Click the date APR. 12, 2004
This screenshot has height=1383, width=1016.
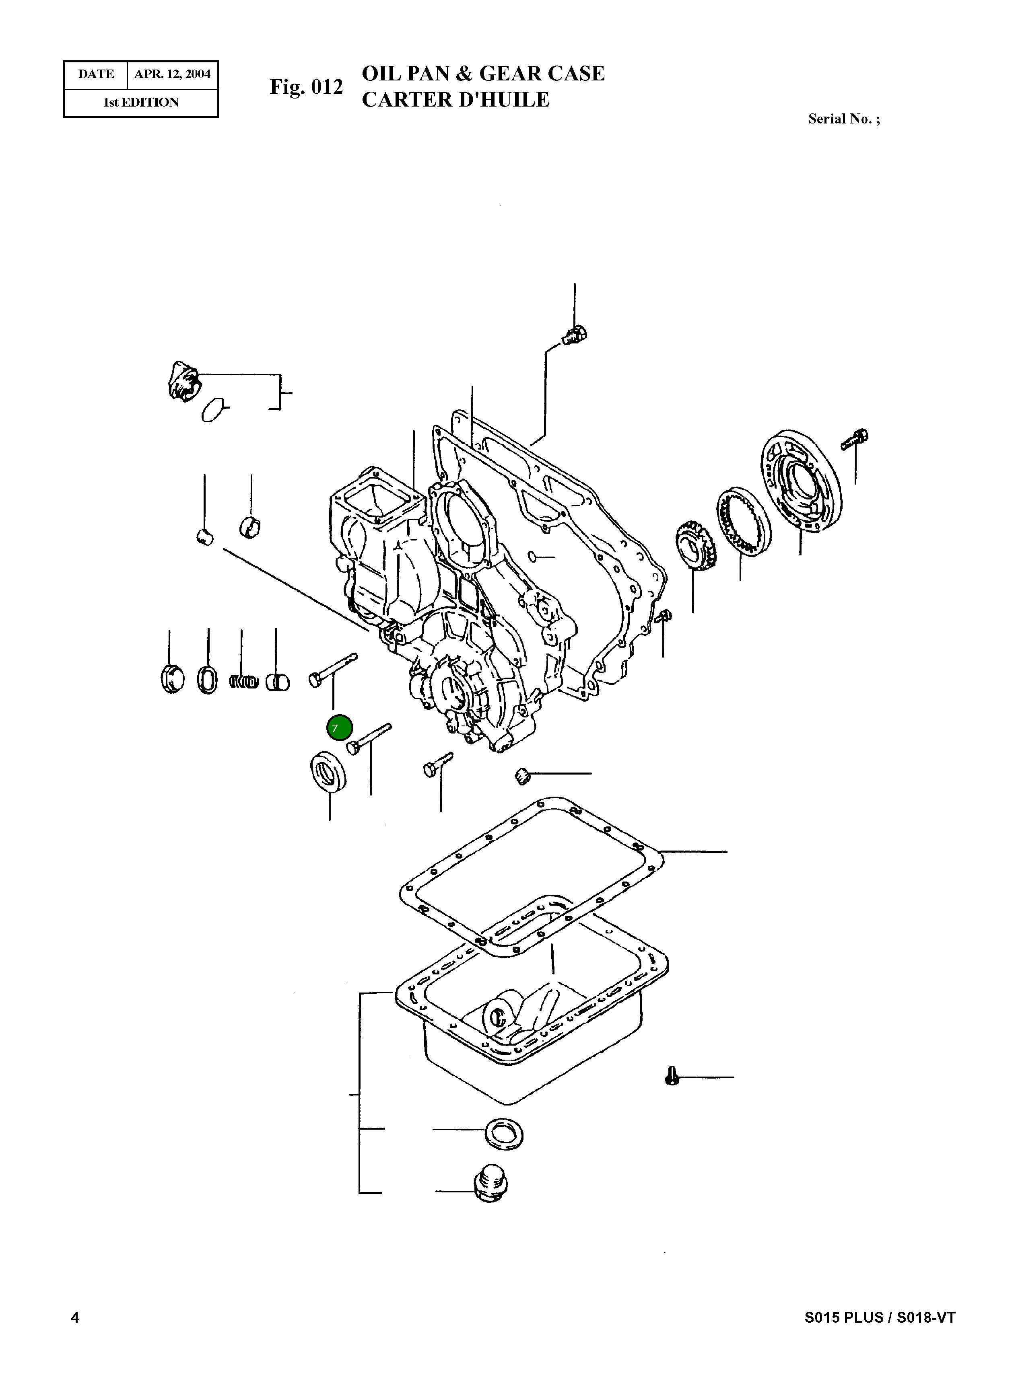(172, 74)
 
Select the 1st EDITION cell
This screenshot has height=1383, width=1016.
(141, 103)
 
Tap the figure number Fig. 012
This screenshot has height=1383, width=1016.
(306, 87)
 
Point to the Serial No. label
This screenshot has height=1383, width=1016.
(843, 119)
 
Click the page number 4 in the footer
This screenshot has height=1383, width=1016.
(75, 1334)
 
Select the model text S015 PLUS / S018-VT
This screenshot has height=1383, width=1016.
(880, 1334)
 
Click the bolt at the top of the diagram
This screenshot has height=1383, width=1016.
(575, 336)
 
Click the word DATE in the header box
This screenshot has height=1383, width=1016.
(96, 74)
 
